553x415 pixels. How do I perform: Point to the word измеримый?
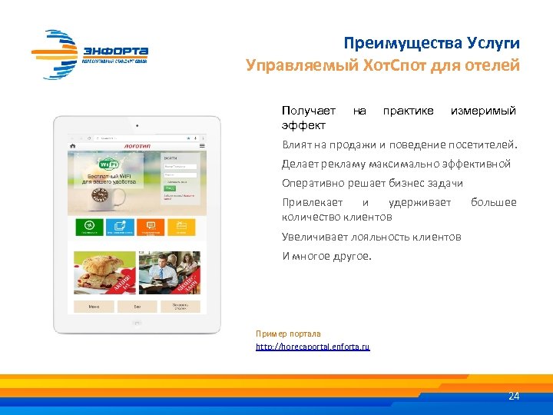[483, 111]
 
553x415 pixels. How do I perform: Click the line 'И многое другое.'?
[326, 256]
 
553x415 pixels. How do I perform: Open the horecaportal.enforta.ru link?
[313, 347]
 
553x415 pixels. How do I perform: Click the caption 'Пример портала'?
[288, 334]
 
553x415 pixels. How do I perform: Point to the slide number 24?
[514, 396]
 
